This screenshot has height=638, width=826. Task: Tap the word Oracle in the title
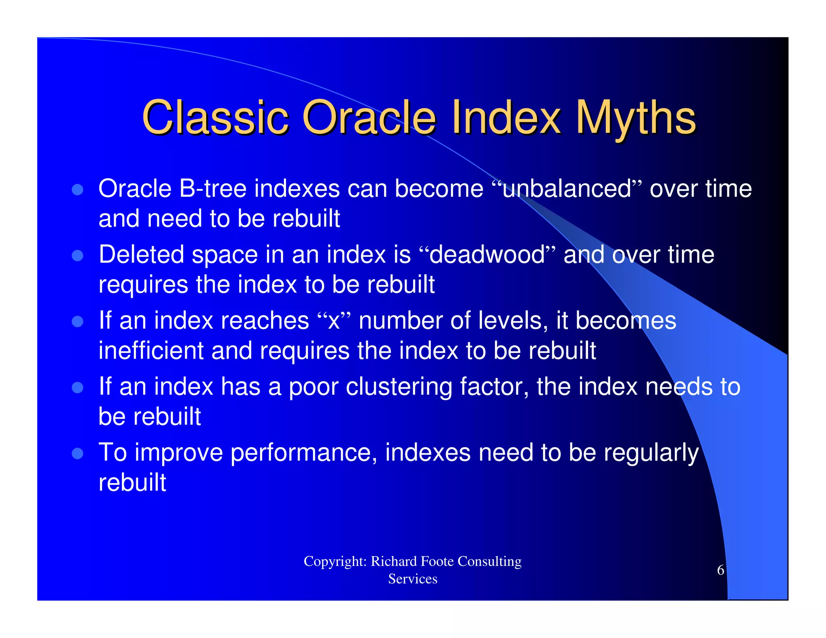coord(369,118)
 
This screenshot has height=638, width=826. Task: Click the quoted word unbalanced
coord(566,189)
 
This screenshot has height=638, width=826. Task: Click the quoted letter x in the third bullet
coord(334,321)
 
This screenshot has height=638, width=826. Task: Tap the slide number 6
coord(720,570)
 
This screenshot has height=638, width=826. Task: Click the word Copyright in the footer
coord(335,561)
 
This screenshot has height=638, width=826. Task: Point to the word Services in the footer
coord(413,579)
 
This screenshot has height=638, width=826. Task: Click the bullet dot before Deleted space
coord(77,256)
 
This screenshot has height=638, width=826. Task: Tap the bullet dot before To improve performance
coord(77,453)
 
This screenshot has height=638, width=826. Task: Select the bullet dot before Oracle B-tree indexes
coord(77,190)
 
